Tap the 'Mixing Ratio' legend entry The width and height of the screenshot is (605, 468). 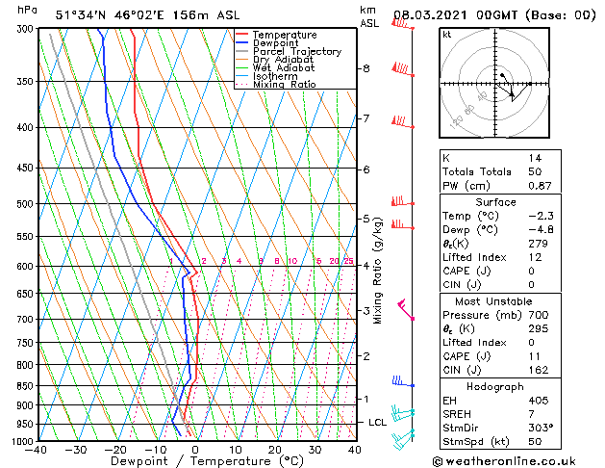(284, 85)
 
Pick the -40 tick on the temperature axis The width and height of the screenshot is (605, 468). (38, 449)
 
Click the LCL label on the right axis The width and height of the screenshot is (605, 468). (378, 422)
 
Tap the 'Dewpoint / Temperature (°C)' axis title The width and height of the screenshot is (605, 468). (195, 461)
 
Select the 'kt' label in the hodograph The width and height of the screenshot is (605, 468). (447, 34)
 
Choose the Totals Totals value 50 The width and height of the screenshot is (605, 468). (535, 170)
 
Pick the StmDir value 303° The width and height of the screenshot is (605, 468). (540, 427)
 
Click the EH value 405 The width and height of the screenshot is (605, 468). (537, 400)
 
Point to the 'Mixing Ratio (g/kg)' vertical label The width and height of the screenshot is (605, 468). (378, 270)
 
